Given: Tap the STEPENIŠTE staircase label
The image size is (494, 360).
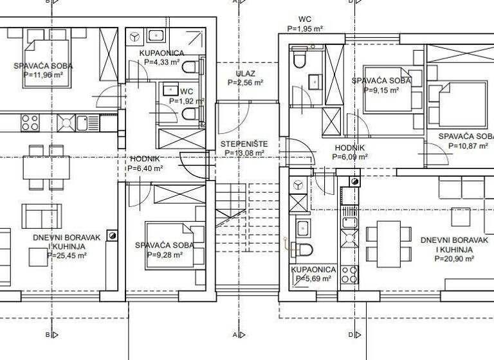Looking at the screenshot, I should coord(244,143).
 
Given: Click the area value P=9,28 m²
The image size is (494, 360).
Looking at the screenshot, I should coord(165,255).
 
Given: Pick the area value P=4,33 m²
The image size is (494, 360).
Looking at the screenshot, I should coord(165,62).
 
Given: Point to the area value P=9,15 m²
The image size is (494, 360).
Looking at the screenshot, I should coord(382,91).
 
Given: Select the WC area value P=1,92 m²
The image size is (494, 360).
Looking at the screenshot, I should coord(187,101).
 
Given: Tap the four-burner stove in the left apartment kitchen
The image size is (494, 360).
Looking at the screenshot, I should coord(31,121).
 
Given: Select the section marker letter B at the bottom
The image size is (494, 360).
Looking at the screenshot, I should coord(48,335).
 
